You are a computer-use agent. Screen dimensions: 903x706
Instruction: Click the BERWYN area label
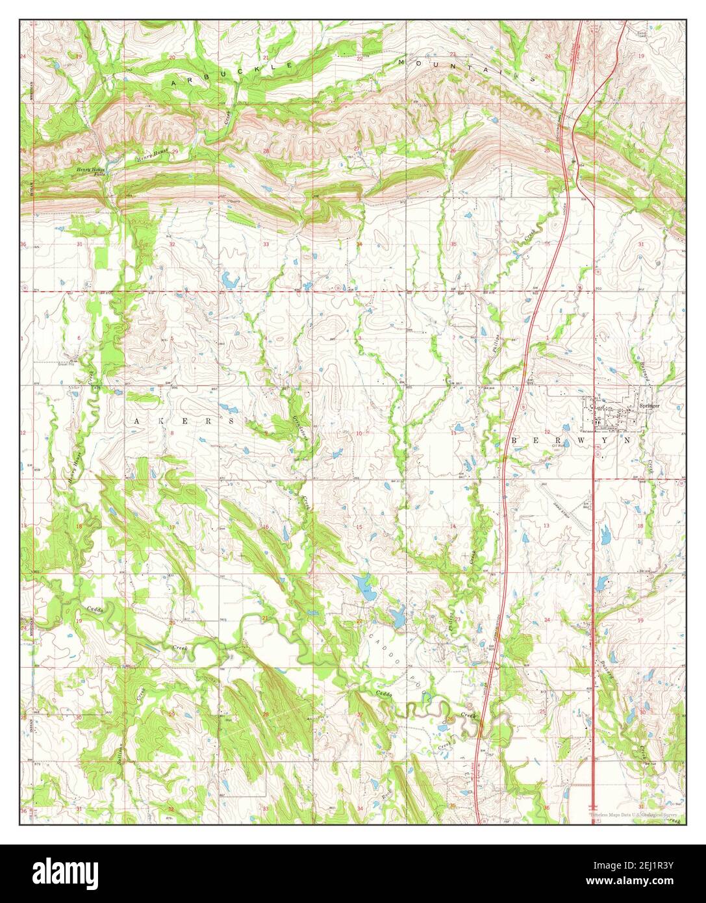(572, 440)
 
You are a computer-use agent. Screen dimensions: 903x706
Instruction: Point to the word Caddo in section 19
(95, 609)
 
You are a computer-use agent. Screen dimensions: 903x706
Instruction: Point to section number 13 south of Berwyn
(546, 526)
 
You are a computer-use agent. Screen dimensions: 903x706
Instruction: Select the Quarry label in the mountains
(234, 201)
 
